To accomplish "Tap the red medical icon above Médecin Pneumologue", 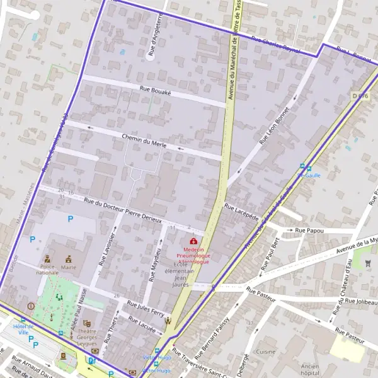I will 193,241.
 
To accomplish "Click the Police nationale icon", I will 47,258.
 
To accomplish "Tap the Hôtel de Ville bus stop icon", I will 23,320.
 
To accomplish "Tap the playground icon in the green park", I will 59,296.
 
